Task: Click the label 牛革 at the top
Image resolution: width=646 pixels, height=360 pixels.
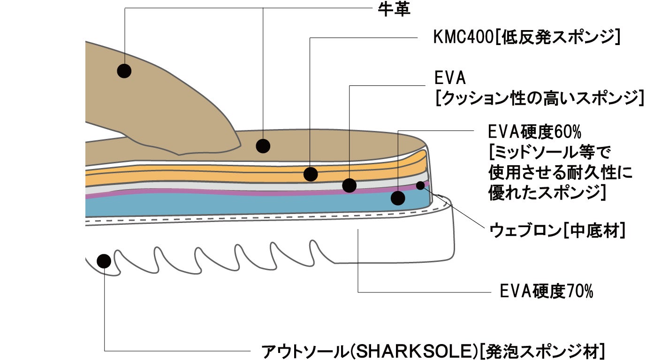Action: [x=394, y=9]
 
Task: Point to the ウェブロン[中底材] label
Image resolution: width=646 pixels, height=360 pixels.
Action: [x=557, y=230]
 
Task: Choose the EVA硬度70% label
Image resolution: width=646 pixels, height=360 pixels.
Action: [x=547, y=292]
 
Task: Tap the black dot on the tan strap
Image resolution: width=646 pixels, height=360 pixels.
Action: [x=124, y=71]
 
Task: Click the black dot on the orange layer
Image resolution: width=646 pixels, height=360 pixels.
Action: [x=311, y=174]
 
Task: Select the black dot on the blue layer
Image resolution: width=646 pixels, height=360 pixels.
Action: [x=398, y=198]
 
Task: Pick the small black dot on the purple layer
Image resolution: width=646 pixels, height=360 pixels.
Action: [x=420, y=185]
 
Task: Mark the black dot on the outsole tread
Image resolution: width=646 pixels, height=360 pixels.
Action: [x=103, y=260]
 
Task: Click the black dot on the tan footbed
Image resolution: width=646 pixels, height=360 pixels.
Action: [x=263, y=146]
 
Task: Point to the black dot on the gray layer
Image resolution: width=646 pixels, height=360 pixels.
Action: [x=349, y=185]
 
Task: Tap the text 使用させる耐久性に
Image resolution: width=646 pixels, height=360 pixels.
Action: [x=561, y=173]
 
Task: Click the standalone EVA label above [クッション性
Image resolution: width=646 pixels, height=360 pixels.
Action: [x=449, y=78]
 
